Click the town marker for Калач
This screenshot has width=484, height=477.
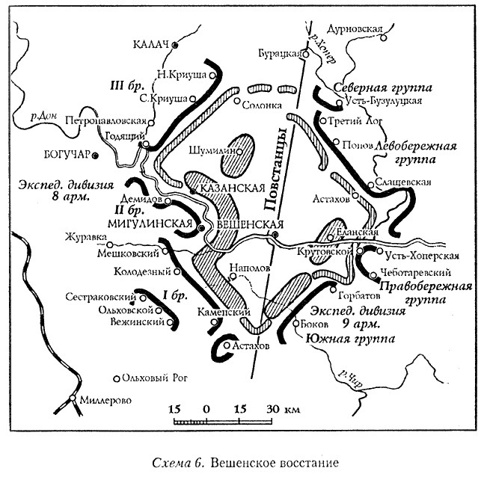tap(175, 45)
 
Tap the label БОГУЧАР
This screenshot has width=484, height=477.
tap(67, 154)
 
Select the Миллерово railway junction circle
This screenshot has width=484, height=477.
tap(73, 398)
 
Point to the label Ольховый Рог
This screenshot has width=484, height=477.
tap(155, 378)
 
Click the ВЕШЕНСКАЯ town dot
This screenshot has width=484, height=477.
tap(275, 235)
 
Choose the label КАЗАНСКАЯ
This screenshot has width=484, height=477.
tap(233, 188)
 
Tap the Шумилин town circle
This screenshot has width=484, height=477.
tap(240, 151)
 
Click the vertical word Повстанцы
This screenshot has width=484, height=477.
tap(275, 170)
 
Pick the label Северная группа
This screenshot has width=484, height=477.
tap(382, 87)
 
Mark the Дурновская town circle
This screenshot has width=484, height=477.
tap(383, 37)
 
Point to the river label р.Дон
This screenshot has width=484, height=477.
tap(44, 117)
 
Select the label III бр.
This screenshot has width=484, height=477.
tap(127, 85)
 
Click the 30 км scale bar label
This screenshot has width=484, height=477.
tap(283, 409)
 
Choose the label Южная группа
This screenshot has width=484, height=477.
tap(350, 339)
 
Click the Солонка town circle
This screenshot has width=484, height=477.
tap(237, 101)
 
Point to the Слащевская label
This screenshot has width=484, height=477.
tap(402, 182)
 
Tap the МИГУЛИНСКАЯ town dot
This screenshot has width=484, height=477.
tap(201, 228)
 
